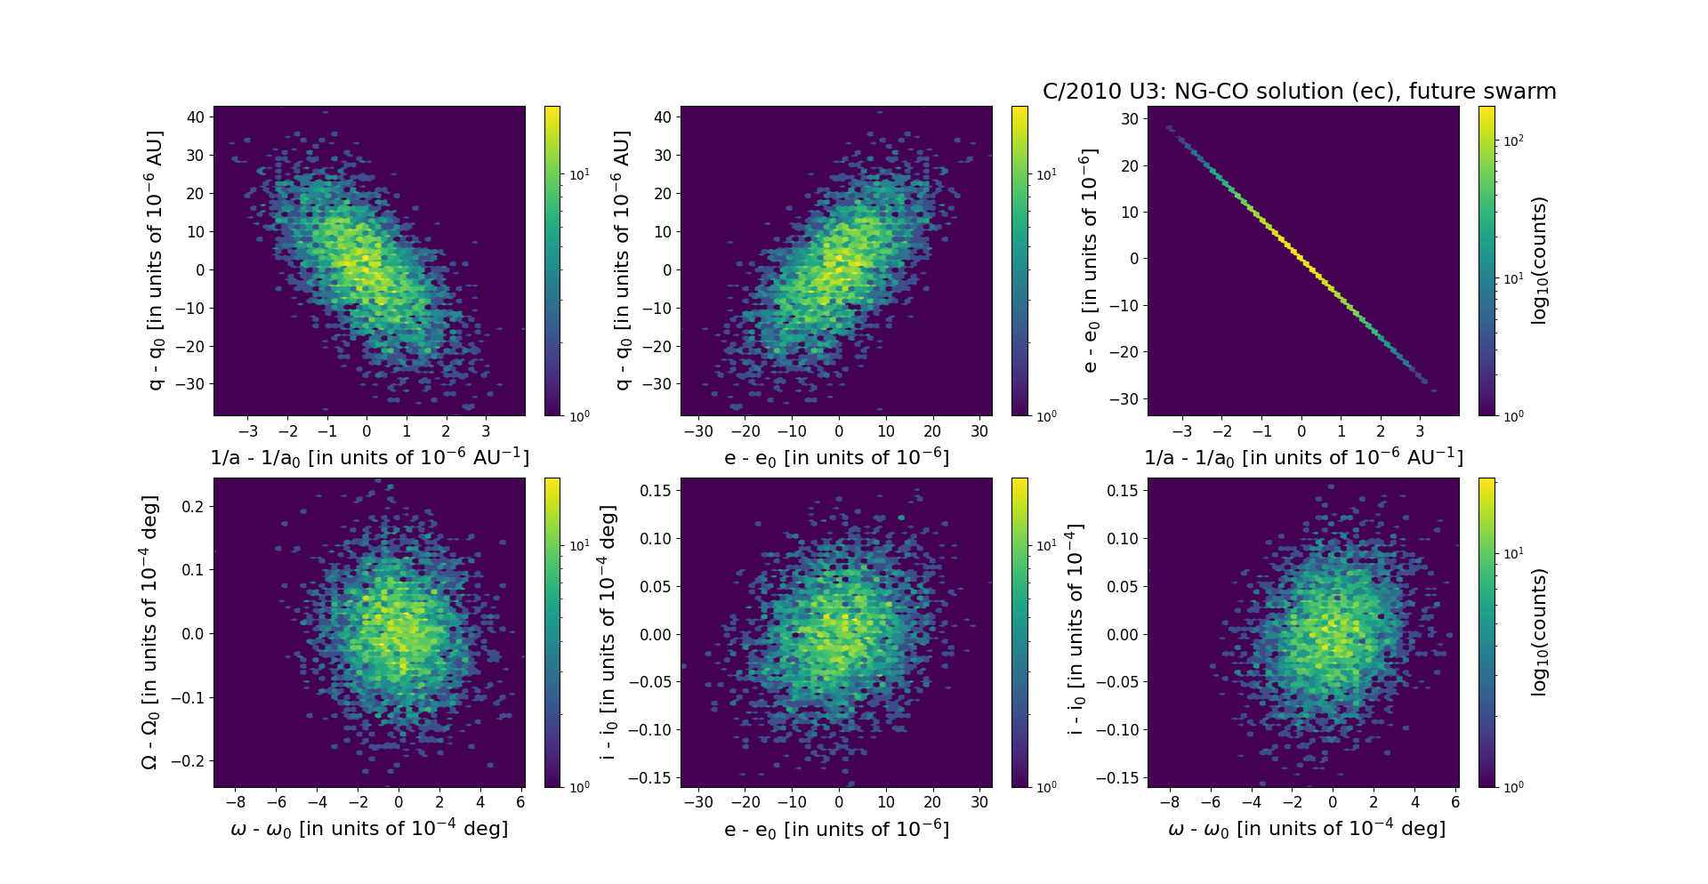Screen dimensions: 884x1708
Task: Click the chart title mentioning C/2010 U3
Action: pos(1299,92)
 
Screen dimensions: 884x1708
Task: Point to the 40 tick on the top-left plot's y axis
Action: pos(195,117)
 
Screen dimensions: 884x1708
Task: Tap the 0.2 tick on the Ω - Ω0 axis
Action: pos(192,506)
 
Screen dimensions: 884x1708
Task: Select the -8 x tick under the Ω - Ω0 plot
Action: pos(236,801)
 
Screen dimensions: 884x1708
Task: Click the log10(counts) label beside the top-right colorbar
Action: pos(1540,261)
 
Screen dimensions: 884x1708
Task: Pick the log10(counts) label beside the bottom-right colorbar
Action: pos(1540,632)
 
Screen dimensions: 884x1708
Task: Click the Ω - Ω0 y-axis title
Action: pos(150,632)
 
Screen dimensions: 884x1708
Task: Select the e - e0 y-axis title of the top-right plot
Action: pos(1089,261)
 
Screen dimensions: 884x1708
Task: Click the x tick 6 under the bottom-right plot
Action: pos(1455,801)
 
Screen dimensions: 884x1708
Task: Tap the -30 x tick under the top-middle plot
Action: pos(699,431)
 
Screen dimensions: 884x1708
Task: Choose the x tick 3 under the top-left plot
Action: pos(486,431)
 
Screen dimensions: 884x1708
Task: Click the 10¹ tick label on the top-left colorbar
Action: pos(579,174)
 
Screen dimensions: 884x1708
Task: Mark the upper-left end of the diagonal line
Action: pos(1169,127)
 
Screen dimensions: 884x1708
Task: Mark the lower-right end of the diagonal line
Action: pos(1426,382)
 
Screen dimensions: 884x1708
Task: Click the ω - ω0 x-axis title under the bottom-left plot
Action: pos(369,829)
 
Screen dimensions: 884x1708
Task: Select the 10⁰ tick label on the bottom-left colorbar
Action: pos(579,787)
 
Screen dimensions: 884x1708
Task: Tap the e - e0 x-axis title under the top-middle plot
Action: pos(836,458)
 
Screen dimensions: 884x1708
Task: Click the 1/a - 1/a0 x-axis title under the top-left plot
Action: pos(369,458)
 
